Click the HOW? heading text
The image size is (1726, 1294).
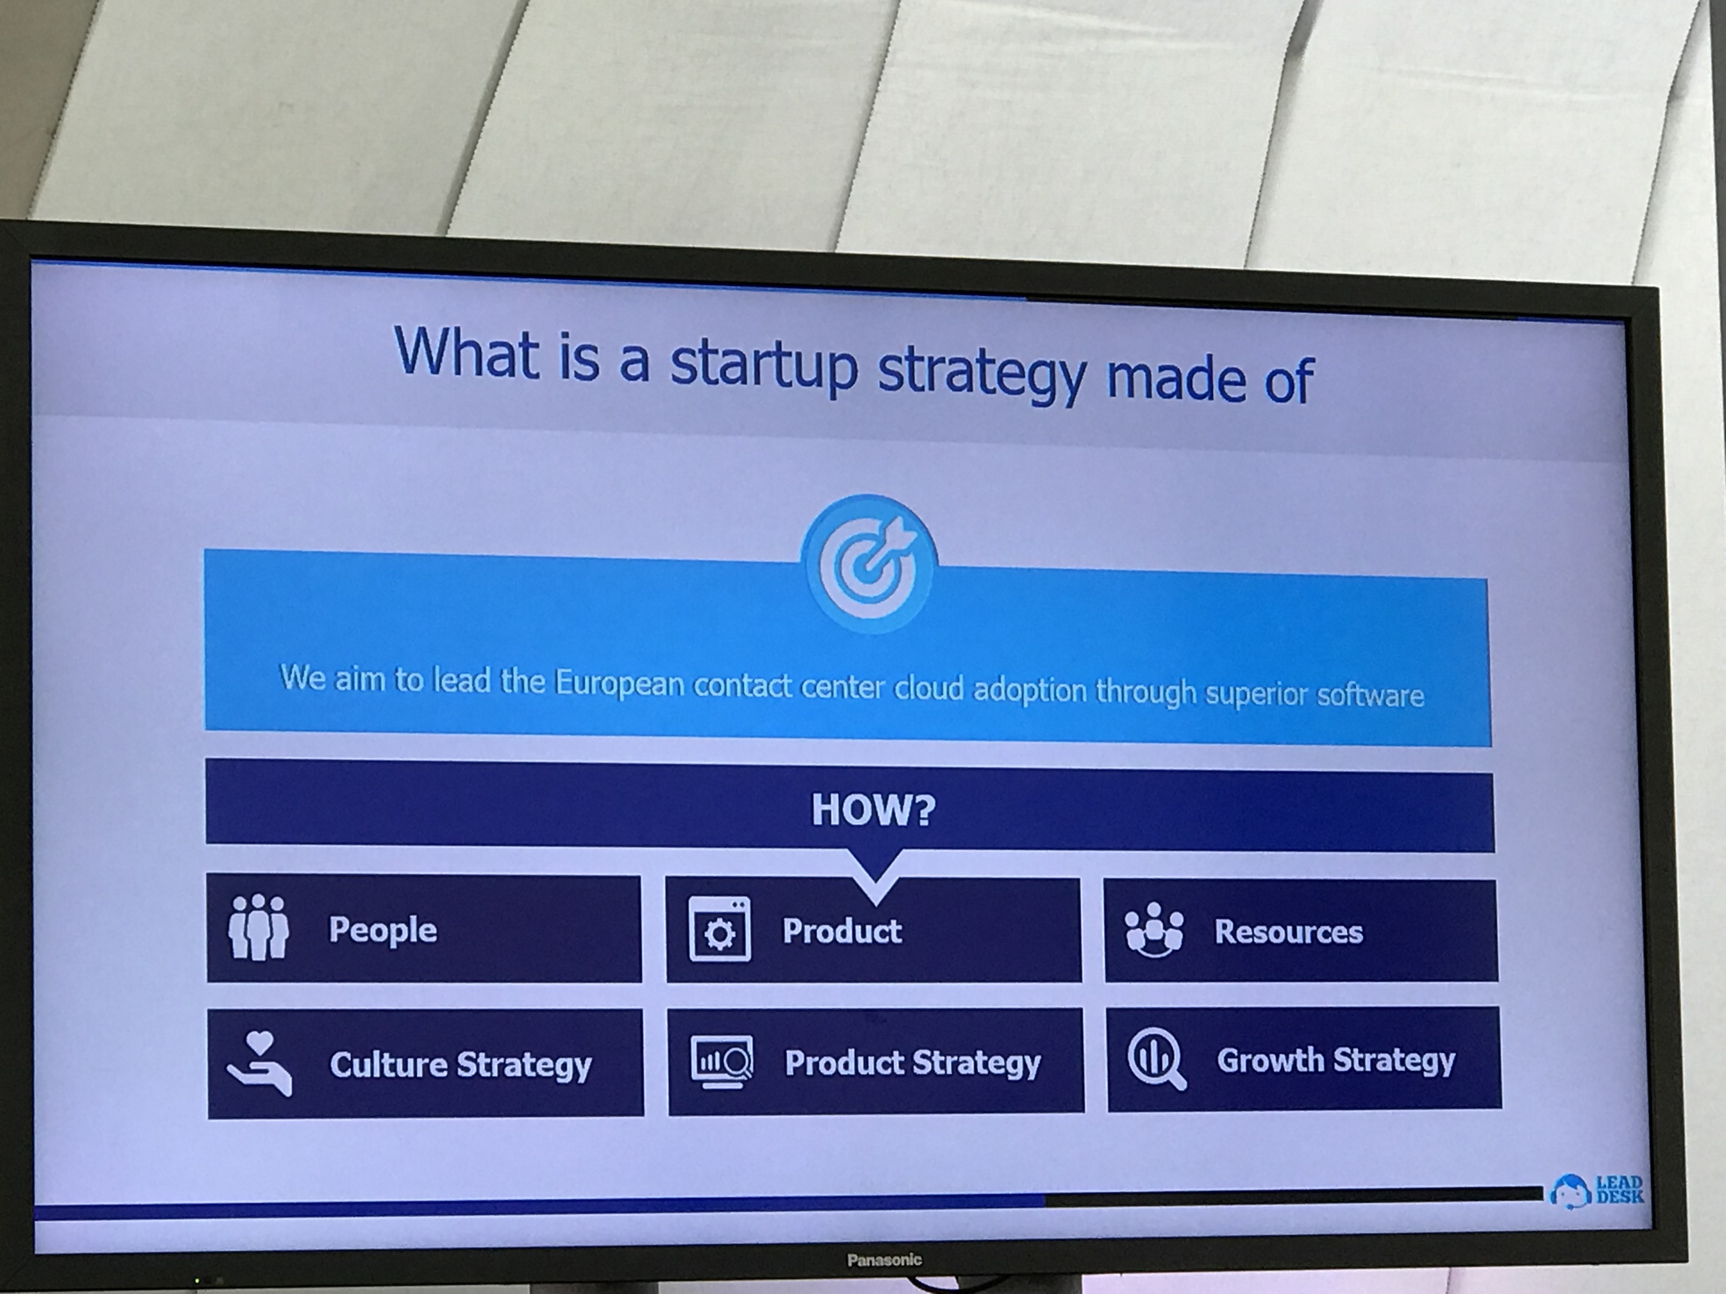click(x=873, y=810)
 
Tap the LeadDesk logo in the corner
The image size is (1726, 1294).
click(x=1596, y=1190)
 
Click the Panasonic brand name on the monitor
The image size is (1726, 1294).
click(x=884, y=1260)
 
